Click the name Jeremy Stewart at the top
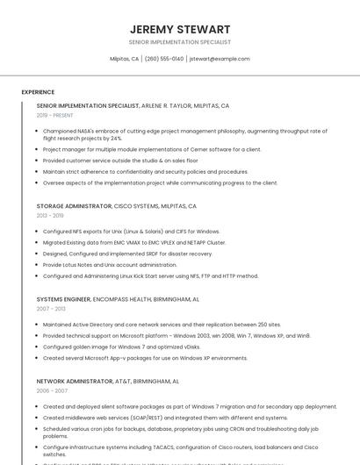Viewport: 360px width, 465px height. pos(179,29)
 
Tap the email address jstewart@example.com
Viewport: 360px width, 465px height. pos(220,59)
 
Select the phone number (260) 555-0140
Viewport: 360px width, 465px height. pos(164,59)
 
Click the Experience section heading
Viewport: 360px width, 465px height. pos(38,91)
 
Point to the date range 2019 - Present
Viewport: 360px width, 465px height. pos(55,115)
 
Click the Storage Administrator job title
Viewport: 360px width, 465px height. pos(74,205)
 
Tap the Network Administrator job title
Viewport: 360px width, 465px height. pos(75,382)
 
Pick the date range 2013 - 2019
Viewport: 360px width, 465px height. pos(50,215)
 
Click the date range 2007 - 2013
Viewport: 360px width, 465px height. pos(50,309)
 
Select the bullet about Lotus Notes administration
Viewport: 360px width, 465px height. pos(110,264)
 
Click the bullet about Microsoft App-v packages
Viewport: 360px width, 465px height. pos(145,358)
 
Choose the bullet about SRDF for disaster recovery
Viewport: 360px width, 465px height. pos(127,254)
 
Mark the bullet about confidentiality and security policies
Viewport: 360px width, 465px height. pos(145,172)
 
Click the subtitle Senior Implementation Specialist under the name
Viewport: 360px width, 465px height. pos(179,42)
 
